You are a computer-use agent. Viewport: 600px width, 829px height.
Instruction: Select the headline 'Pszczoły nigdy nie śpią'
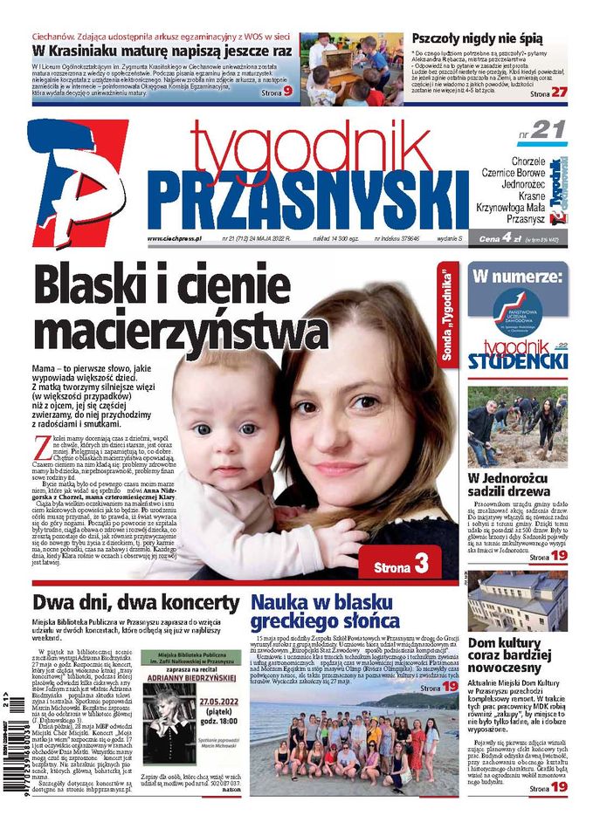pos(477,39)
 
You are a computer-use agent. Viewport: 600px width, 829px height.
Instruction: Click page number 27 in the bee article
pos(559,92)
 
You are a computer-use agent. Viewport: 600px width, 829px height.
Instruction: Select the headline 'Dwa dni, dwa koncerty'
pos(135,602)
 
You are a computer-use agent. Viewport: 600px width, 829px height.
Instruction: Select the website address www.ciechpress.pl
pos(175,237)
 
